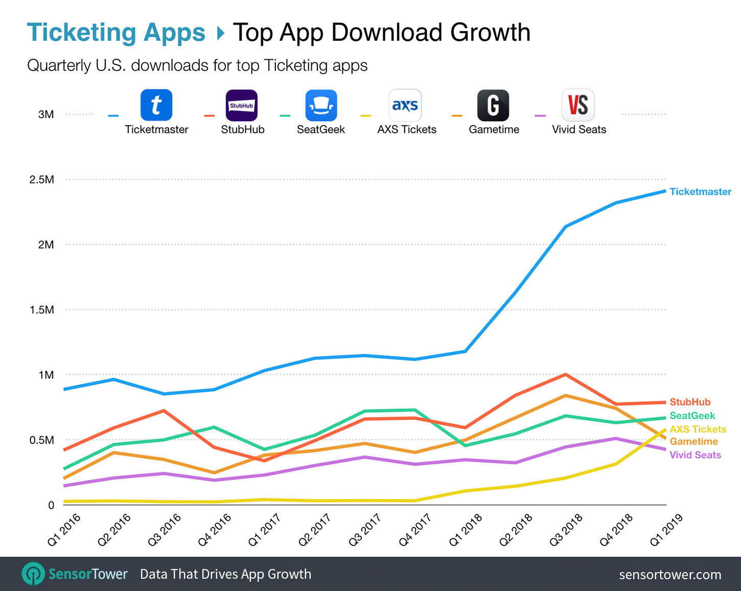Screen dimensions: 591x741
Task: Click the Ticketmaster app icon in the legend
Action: [x=156, y=105]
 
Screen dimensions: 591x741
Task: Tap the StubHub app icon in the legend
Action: [x=242, y=105]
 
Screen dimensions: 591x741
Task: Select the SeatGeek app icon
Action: [x=321, y=105]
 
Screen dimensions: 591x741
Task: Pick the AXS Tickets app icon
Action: [x=405, y=105]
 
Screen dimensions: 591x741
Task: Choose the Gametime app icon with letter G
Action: [x=493, y=105]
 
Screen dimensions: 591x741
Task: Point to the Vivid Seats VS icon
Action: [x=578, y=105]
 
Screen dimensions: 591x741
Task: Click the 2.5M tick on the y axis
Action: [x=42, y=179]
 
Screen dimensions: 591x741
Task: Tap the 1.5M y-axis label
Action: [x=42, y=310]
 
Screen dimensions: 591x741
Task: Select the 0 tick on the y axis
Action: [x=51, y=505]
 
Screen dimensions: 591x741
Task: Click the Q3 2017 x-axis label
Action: [x=365, y=530]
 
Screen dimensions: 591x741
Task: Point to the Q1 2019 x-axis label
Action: [x=666, y=530]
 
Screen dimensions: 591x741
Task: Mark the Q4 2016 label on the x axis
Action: [x=214, y=530]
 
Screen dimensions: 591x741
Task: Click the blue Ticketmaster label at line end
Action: [x=700, y=192]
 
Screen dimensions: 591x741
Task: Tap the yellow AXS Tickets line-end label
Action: [x=698, y=429]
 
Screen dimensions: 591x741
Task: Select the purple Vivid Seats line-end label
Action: [x=695, y=455]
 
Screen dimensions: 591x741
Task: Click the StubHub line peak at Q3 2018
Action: [x=565, y=375]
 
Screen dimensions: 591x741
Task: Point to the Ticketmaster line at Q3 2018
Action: [x=565, y=226]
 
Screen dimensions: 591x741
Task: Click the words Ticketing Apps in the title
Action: [x=116, y=33]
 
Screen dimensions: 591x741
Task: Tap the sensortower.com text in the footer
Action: [x=670, y=575]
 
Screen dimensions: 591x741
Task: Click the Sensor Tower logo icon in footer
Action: [x=33, y=574]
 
